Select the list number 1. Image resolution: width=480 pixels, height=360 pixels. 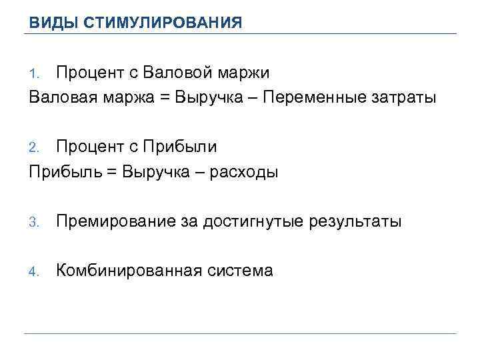point(35,73)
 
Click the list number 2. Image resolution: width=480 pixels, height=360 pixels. point(35,147)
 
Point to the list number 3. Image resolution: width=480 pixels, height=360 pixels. point(35,222)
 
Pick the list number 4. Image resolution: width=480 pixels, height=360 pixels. point(35,271)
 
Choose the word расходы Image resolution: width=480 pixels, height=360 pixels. point(244,173)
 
